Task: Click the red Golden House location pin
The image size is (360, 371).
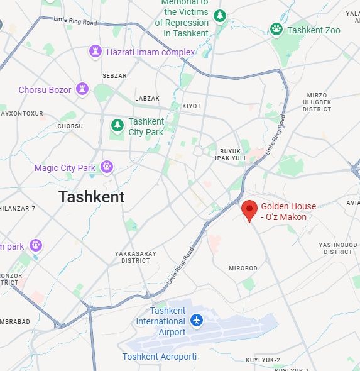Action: tap(249, 210)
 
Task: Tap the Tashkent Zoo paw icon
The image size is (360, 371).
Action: tap(276, 29)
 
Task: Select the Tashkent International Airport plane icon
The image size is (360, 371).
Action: tap(197, 320)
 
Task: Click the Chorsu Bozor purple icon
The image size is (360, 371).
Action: tap(82, 89)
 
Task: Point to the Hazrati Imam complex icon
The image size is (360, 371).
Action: tap(95, 51)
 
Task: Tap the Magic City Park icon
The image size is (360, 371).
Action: tap(107, 167)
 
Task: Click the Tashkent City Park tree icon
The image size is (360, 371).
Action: tap(117, 126)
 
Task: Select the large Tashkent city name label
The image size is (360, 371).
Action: tap(92, 197)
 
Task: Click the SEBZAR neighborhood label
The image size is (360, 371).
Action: tap(114, 75)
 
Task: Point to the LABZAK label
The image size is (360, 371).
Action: tap(148, 99)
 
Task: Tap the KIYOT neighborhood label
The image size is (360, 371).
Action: tap(191, 106)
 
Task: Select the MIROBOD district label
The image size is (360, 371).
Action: tap(243, 268)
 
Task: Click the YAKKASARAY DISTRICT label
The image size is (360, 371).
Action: tap(132, 257)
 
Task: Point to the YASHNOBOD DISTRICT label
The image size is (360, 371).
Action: tap(338, 248)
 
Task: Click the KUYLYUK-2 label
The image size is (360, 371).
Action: tap(263, 360)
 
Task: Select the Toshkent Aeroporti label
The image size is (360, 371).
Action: tap(160, 357)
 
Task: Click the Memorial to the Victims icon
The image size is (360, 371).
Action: tap(219, 16)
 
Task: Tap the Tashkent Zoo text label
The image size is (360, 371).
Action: tap(314, 30)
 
